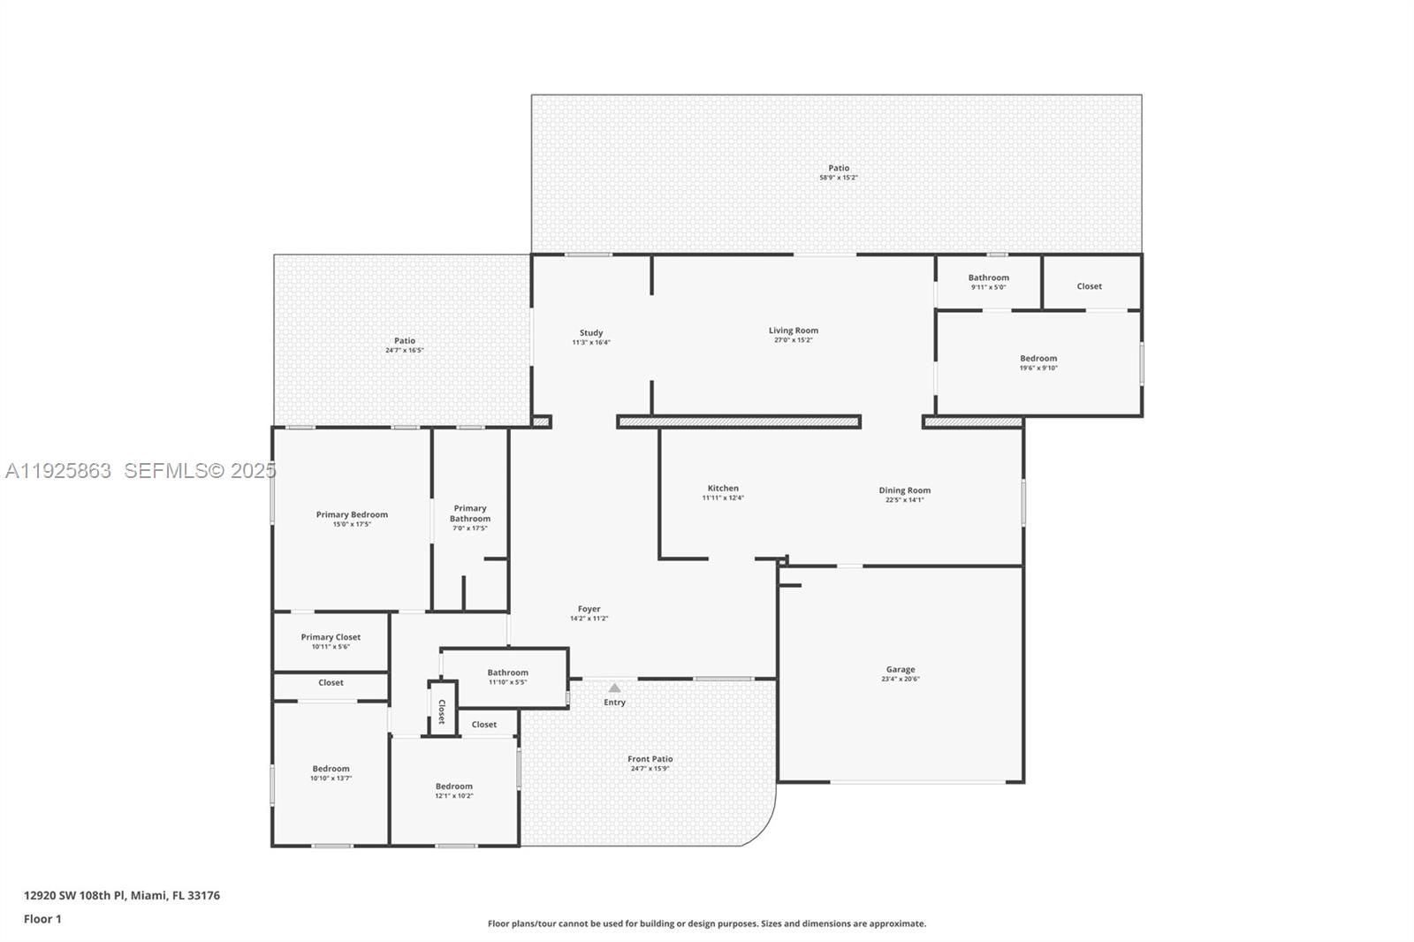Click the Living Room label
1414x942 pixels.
pyautogui.click(x=793, y=330)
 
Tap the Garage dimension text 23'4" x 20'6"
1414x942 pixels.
pyautogui.click(x=900, y=680)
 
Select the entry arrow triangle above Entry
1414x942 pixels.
pyautogui.click(x=614, y=688)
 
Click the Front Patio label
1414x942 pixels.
pyautogui.click(x=650, y=759)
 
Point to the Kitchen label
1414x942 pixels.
pyautogui.click(x=722, y=488)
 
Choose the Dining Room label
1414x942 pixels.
pyautogui.click(x=904, y=490)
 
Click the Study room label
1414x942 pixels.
pyautogui.click(x=590, y=333)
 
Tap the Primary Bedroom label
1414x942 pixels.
pyautogui.click(x=352, y=514)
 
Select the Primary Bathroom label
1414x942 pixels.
pyautogui.click(x=470, y=513)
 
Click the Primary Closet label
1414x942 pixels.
pyautogui.click(x=331, y=637)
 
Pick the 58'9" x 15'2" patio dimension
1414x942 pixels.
pyautogui.click(x=838, y=178)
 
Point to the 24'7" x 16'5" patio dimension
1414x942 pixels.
pyautogui.click(x=404, y=351)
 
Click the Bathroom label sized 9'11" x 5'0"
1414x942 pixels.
pyautogui.click(x=988, y=277)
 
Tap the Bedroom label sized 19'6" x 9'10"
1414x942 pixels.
pyautogui.click(x=1038, y=359)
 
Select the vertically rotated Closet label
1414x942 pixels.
pyautogui.click(x=442, y=710)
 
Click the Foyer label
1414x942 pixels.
pyautogui.click(x=589, y=609)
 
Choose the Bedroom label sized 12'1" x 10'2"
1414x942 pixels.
pyautogui.click(x=453, y=786)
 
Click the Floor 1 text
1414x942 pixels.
pyautogui.click(x=42, y=919)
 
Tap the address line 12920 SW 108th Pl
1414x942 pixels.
pyautogui.click(x=122, y=895)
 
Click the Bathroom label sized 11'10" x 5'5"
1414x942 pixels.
pyautogui.click(x=507, y=672)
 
